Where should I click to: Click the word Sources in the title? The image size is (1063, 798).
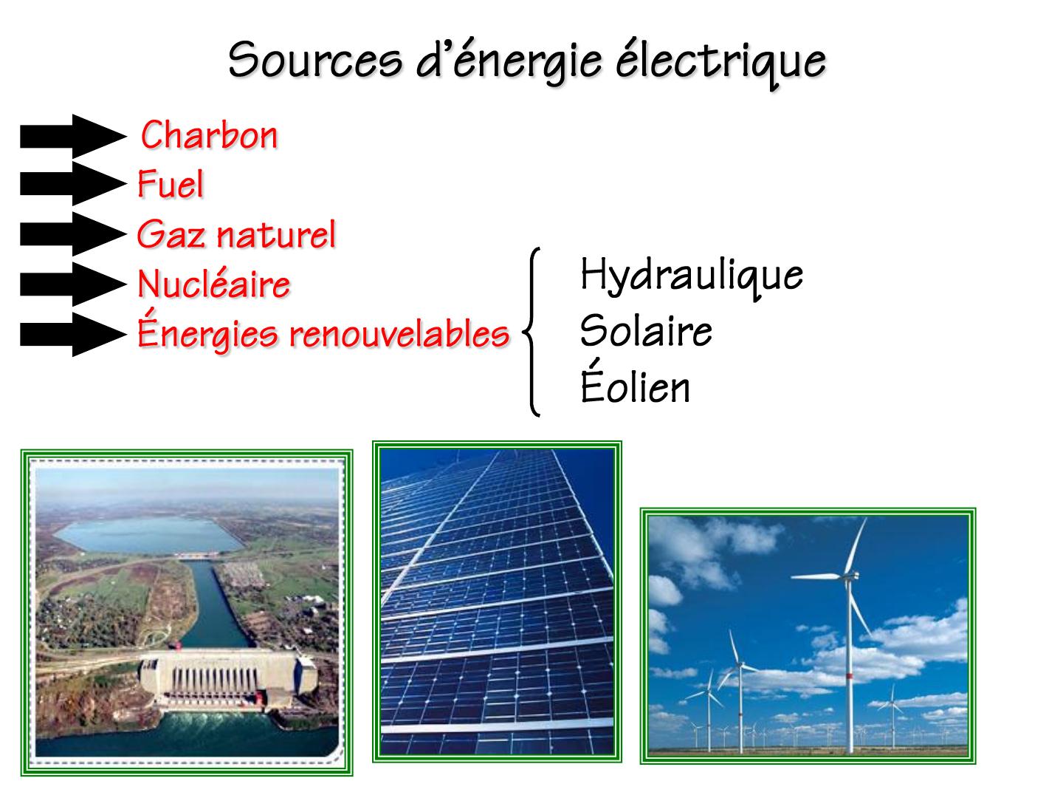pos(315,60)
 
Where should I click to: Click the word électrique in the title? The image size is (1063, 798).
pos(721,63)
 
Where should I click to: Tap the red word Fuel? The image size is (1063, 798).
pos(171,184)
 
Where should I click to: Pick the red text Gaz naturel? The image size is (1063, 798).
pos(236,234)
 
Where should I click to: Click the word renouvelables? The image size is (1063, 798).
pos(399,333)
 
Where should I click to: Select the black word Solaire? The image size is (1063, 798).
pos(646,330)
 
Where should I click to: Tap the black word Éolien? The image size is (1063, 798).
pos(635,382)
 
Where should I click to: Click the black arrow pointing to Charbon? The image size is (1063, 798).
pos(74,136)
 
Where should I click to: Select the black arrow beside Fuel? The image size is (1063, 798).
pos(74,184)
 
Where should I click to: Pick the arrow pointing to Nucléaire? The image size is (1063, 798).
pos(74,284)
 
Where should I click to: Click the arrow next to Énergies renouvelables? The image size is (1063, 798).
pos(74,334)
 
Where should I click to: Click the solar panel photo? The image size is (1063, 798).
pos(497,601)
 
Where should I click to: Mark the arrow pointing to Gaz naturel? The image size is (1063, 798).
pos(74,234)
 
